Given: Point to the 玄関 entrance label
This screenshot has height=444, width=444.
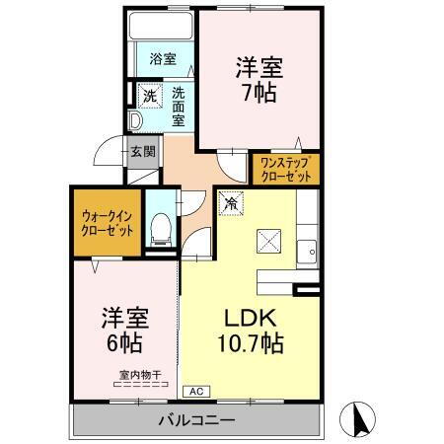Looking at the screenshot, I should pyautogui.click(x=142, y=152).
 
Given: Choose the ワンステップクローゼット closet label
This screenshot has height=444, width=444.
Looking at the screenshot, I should pyautogui.click(x=287, y=169).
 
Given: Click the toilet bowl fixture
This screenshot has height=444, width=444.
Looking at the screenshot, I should pyautogui.click(x=162, y=231).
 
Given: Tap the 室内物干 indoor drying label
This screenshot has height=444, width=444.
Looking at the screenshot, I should pyautogui.click(x=140, y=374).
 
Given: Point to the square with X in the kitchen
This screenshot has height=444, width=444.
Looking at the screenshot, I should pyautogui.click(x=267, y=240).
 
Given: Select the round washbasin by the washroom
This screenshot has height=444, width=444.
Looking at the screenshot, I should pyautogui.click(x=136, y=122).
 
